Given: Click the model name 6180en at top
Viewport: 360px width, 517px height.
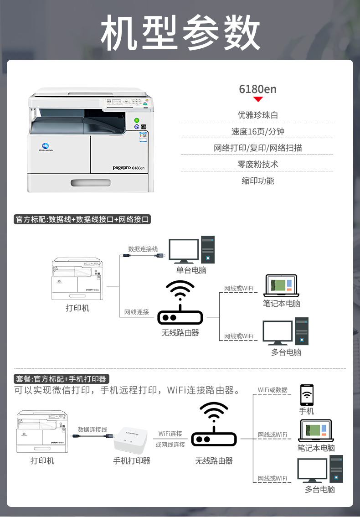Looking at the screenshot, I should (x=257, y=89).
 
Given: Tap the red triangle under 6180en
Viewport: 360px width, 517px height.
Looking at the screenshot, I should (x=258, y=99).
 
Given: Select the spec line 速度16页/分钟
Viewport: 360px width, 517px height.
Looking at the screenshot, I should (x=257, y=131).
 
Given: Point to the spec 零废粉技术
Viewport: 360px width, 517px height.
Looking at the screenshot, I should (x=257, y=164).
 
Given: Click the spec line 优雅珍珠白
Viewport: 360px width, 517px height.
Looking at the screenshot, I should (x=257, y=115).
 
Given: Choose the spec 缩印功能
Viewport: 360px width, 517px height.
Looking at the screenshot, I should (x=257, y=181).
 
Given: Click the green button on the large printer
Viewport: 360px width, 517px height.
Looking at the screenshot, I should (x=136, y=120).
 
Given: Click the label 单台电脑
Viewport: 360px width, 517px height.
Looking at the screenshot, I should (x=191, y=270).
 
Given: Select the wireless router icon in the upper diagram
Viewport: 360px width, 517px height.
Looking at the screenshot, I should (x=180, y=303).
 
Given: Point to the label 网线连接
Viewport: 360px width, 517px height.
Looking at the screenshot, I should (x=137, y=312).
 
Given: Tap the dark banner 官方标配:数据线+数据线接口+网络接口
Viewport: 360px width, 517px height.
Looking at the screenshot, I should (x=82, y=219).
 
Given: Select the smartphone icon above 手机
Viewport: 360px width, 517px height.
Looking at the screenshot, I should (x=307, y=395).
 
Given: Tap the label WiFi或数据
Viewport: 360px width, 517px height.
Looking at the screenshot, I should (x=273, y=390).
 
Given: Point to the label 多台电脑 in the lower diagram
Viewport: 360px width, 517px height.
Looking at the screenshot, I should (x=319, y=489).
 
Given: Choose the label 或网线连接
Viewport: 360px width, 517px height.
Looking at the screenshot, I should (x=170, y=444).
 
